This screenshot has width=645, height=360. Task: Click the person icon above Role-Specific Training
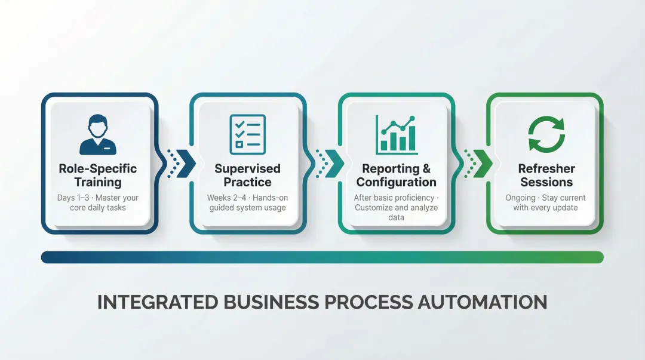tap(98, 134)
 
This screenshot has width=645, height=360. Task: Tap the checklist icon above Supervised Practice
tap(247, 134)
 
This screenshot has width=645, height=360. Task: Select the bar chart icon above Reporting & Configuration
tap(396, 134)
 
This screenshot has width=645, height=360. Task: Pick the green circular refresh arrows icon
tap(546, 134)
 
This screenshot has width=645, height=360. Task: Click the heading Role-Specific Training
tap(98, 176)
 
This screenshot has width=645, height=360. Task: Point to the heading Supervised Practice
tap(247, 176)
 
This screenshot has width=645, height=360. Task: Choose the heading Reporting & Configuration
tap(396, 176)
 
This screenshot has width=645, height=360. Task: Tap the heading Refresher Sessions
tap(546, 176)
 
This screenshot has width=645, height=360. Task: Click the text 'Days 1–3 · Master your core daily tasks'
tap(98, 202)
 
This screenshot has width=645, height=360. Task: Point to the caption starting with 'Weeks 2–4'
tap(247, 202)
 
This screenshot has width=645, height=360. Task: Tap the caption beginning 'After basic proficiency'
tap(396, 207)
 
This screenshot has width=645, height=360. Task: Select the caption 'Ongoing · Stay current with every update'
tap(546, 202)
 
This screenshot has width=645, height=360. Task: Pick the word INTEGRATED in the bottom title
tap(157, 302)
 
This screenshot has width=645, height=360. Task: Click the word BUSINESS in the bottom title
tap(271, 302)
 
